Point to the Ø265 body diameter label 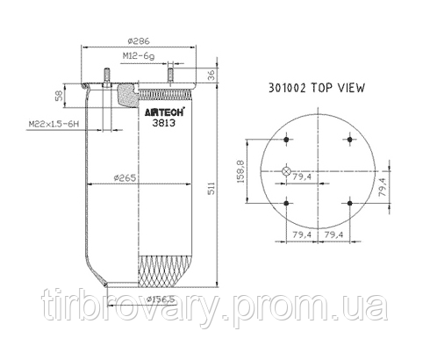pos(128,179)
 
